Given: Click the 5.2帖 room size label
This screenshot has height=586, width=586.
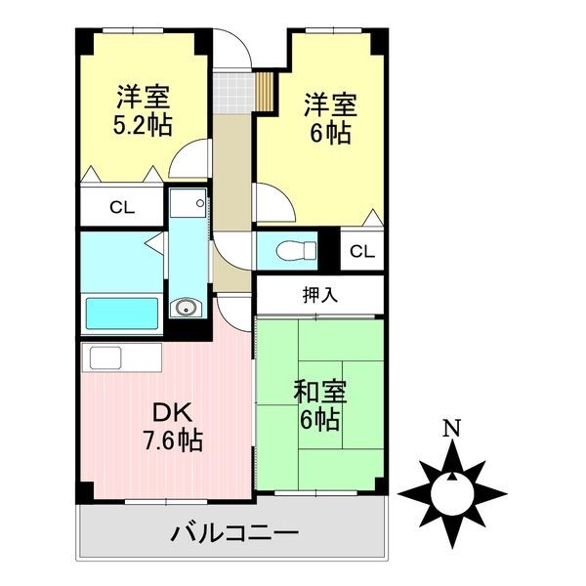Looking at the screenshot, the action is [x=143, y=126].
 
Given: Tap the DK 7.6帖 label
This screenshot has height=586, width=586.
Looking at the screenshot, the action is [x=173, y=426].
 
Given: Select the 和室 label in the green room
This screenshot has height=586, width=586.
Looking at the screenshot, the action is [x=320, y=392].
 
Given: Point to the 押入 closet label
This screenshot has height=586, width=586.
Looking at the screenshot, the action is [x=320, y=295].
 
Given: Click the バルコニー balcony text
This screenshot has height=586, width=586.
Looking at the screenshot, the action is [x=234, y=532].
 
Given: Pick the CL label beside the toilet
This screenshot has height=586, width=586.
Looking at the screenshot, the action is [x=362, y=252].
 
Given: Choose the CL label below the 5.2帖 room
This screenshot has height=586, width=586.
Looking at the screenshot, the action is [x=122, y=207].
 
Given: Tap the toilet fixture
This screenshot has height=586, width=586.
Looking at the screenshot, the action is [x=296, y=250].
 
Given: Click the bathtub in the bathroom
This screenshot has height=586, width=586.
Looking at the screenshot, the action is [x=122, y=314].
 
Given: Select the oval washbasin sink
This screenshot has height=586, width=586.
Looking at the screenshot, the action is [x=185, y=308].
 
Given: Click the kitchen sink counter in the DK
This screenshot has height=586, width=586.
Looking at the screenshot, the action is [x=122, y=357].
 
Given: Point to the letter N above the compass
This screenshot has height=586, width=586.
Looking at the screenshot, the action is [x=452, y=429].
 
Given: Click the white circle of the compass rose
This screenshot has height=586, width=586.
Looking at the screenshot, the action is [x=452, y=493].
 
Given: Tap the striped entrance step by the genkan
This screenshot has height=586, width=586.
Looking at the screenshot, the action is [x=265, y=91].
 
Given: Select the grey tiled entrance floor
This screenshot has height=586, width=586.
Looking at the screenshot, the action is [x=231, y=93].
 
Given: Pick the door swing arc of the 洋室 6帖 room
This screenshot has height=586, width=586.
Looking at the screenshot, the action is [x=284, y=194].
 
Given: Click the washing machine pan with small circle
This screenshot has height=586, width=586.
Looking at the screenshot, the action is [x=188, y=203].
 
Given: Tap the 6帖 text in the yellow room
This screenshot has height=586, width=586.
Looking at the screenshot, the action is [x=330, y=133].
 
